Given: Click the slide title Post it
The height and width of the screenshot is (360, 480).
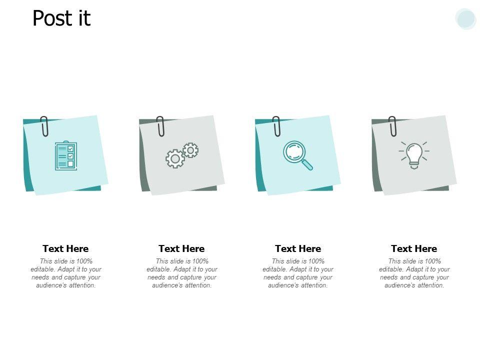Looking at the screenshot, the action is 61,18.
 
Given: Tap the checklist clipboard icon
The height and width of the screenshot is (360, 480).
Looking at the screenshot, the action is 66,155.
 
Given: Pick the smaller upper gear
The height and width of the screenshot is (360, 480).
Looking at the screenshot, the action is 190,150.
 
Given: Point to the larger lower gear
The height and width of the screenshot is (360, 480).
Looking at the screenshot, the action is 175,158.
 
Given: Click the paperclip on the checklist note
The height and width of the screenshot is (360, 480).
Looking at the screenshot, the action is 44,126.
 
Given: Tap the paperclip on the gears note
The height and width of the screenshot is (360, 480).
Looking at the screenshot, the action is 160,126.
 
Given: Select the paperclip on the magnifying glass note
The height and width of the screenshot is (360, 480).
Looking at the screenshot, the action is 276,126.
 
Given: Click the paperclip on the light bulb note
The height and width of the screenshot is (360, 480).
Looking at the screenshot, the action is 392,126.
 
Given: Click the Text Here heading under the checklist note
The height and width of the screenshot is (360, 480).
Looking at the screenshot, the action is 65,248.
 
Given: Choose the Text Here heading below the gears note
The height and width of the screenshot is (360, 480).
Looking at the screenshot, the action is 181,248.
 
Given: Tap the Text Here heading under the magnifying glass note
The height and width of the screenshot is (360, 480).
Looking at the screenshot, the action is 298,248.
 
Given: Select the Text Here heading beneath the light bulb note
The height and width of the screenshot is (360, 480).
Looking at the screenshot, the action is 414,248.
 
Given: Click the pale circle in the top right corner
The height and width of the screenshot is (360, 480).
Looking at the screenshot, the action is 465,18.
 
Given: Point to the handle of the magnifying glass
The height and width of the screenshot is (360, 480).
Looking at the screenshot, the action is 306,164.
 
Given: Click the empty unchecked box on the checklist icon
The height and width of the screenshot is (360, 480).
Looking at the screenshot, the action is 70,164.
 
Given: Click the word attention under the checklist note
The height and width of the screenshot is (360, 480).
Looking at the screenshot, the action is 82,285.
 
